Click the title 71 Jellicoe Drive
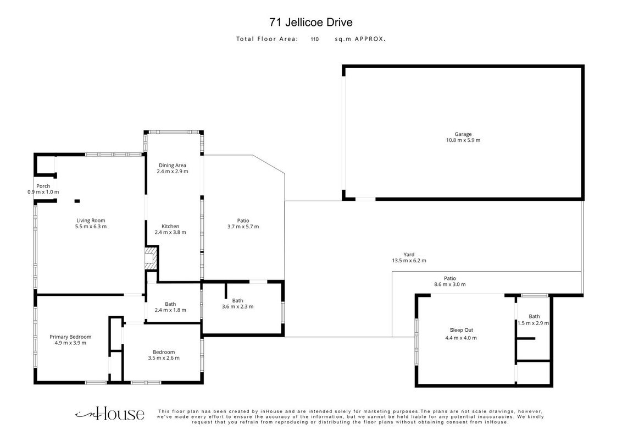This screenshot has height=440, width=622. tap(310, 22)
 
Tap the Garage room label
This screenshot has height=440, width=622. tap(463, 134)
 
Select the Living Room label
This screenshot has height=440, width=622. tap(91, 221)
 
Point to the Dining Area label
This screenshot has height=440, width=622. tap(172, 165)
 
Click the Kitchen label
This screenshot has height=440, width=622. tap(170, 227)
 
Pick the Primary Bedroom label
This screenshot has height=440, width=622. tap(70, 337)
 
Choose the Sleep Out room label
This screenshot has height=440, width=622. tap(462, 330)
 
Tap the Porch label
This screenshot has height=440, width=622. tap(43, 186)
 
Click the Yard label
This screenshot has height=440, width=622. tap(409, 255)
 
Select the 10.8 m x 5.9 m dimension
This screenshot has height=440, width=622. tap(463, 140)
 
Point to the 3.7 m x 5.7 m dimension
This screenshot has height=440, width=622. tap(243, 227)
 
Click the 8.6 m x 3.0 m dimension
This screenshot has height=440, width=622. tap(450, 284)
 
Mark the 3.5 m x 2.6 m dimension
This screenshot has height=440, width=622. tap(164, 358)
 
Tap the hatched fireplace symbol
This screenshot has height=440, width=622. tap(151, 258)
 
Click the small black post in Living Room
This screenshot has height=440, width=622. tap(77, 201)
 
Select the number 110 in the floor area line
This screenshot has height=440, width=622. tap(314, 39)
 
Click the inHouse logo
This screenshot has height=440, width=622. tap(109, 414)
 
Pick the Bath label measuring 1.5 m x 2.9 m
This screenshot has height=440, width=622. tap(534, 316)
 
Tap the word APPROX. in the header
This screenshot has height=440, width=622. tap(370, 39)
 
